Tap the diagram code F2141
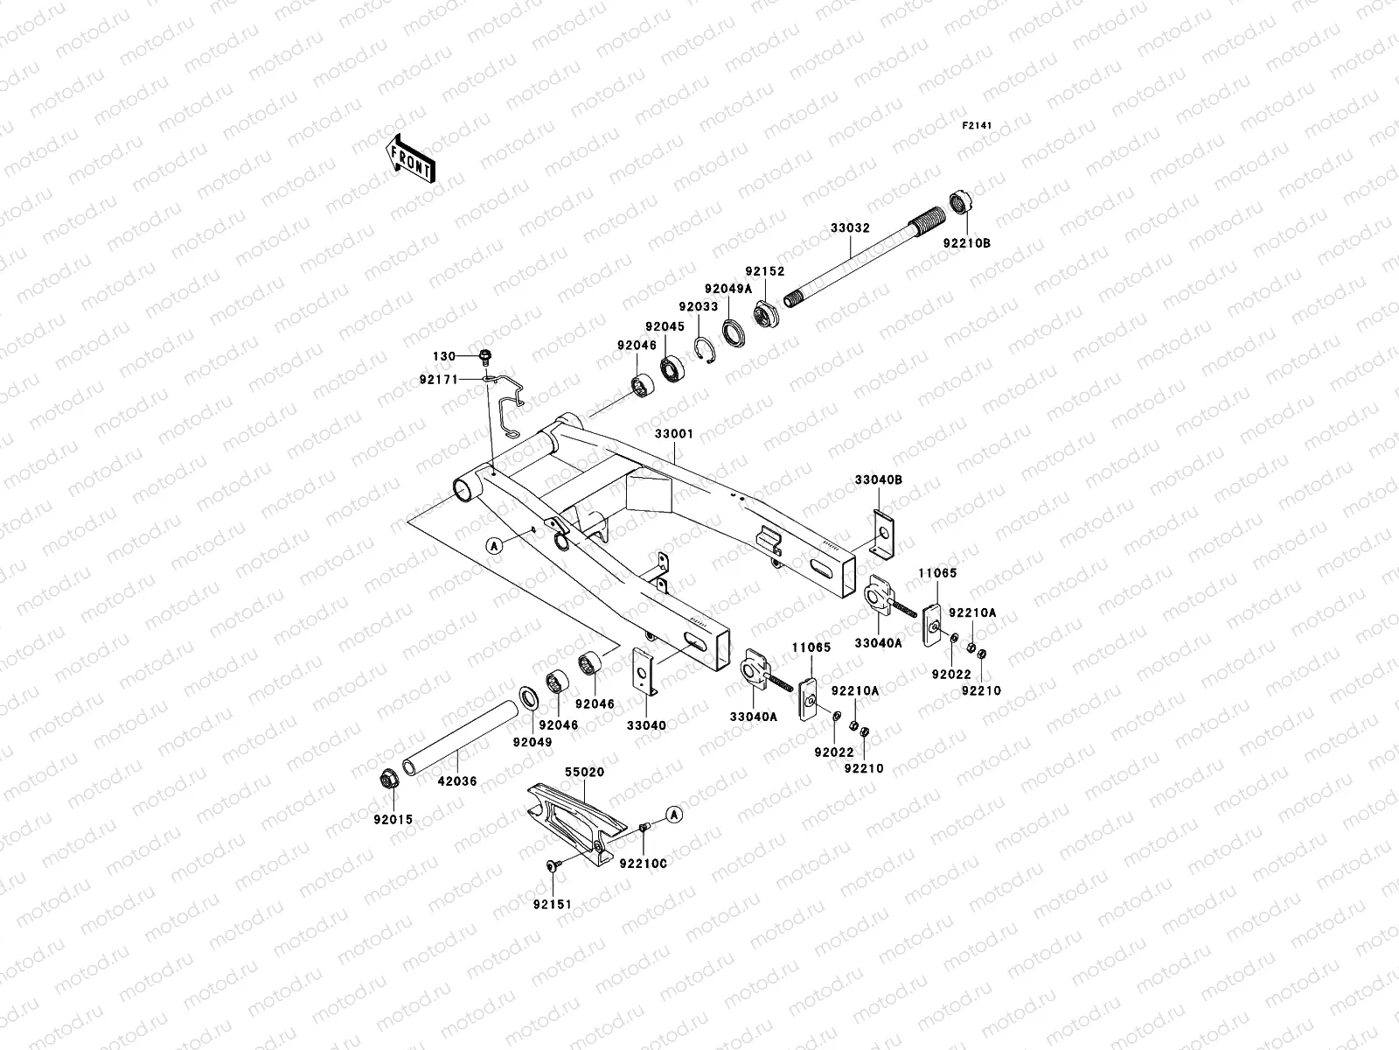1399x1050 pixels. [978, 126]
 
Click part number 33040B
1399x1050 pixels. [879, 479]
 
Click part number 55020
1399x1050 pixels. [584, 773]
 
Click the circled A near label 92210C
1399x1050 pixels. [674, 814]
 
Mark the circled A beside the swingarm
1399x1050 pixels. [494, 545]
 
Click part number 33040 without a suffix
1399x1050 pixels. [646, 725]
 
